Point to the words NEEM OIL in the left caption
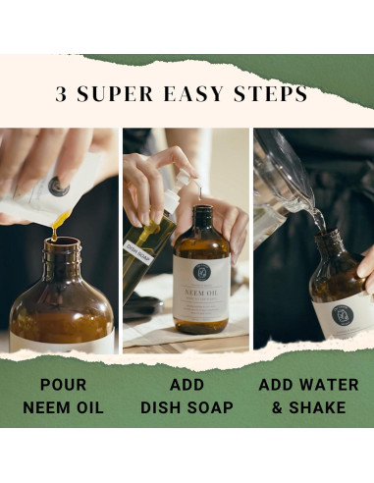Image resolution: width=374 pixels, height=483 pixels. pos(62,405)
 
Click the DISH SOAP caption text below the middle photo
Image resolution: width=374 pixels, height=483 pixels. pos(187,405)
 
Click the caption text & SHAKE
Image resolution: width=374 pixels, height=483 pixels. pos(311,405)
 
